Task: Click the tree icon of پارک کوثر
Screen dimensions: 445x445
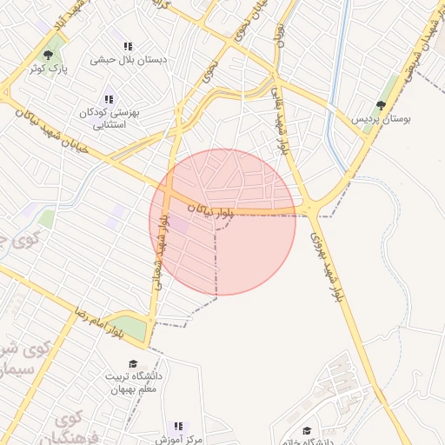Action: click(x=48, y=55)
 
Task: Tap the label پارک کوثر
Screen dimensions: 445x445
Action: click(x=48, y=68)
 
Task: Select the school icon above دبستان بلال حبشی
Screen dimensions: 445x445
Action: click(x=128, y=47)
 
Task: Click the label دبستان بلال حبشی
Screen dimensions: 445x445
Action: click(x=128, y=61)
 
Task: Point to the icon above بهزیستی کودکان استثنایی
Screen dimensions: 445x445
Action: click(x=109, y=100)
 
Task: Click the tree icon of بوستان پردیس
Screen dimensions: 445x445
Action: click(x=381, y=105)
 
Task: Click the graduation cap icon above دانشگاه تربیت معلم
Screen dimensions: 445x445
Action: click(x=133, y=364)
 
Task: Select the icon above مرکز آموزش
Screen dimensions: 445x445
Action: click(x=179, y=427)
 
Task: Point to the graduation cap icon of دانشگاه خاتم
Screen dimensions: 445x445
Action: click(x=306, y=430)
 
